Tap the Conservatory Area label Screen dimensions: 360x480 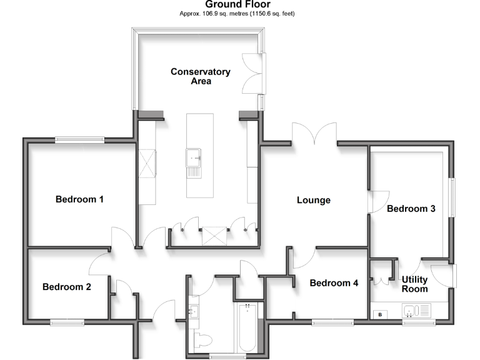coord(201,76)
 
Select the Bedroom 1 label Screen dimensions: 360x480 coord(79,199)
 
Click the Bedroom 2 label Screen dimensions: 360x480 coord(67,287)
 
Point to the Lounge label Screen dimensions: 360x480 coord(313,201)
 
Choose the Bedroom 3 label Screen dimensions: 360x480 coord(411,209)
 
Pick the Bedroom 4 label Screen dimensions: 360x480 coord(334,282)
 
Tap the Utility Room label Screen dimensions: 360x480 coord(415,284)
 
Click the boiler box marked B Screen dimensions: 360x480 coord(381,314)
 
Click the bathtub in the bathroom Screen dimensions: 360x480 coord(247,328)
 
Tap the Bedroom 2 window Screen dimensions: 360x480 coord(67,322)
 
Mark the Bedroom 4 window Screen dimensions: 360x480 coord(332,322)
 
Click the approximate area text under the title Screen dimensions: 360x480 coord(237,13)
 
